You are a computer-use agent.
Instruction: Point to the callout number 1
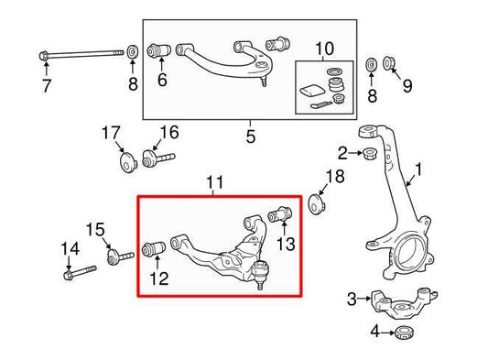click(420, 170)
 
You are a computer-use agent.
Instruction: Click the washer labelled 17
click(127, 165)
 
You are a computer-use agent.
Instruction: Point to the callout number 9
click(407, 87)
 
